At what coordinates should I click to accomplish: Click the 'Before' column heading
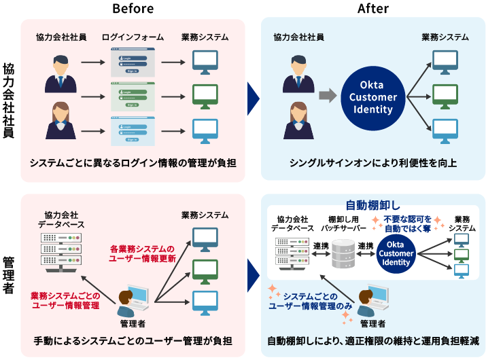(133, 8)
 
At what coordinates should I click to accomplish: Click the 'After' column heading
(372, 8)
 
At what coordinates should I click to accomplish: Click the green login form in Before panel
(133, 94)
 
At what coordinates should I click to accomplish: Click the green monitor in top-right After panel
(446, 95)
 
